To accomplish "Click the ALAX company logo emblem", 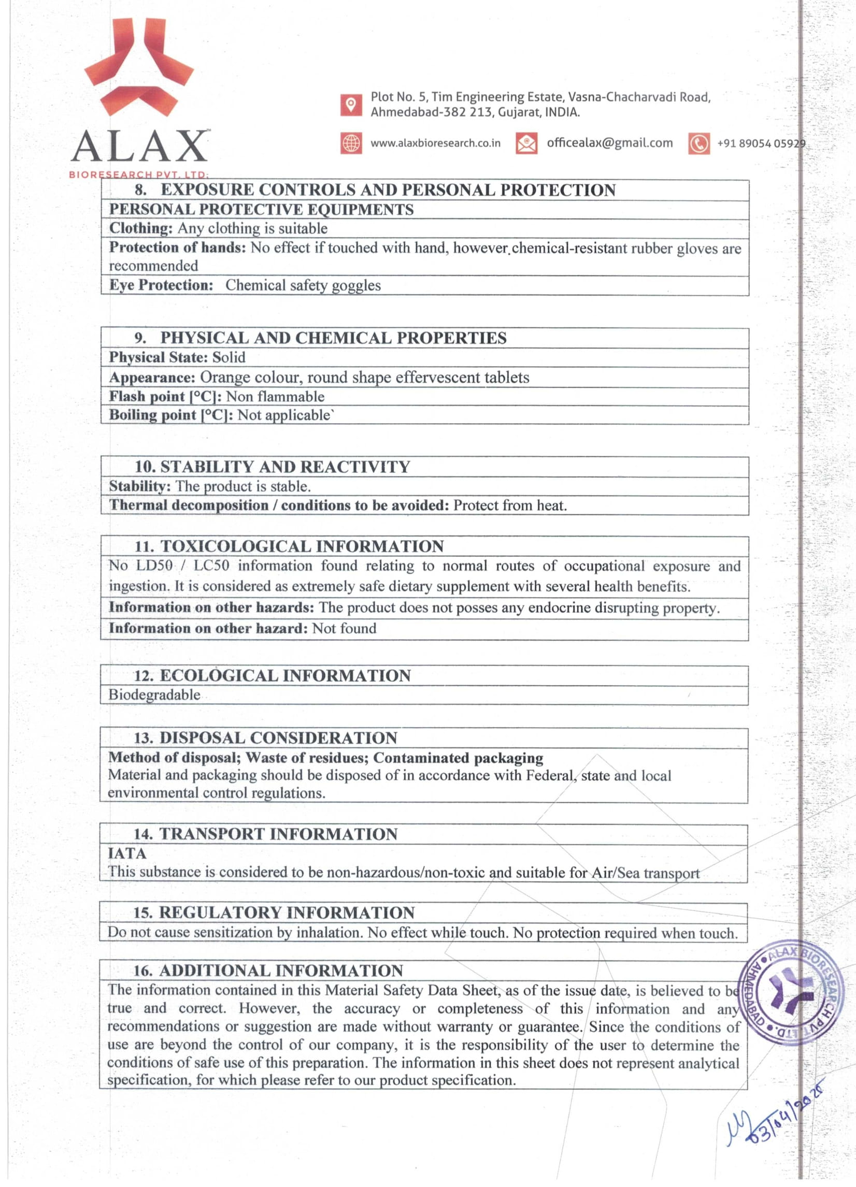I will [139, 66].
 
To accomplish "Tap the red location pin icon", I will [351, 105].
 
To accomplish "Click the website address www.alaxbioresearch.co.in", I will [435, 143].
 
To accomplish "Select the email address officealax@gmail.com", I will [609, 143].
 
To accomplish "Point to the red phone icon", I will [699, 143].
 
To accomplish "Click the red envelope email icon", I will [526, 143].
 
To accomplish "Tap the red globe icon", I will [351, 143].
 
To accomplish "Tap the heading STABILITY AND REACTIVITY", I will [285, 466].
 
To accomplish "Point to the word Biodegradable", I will [154, 694].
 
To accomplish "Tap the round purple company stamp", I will [784, 992].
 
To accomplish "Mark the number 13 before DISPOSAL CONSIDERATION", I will [144, 738].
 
